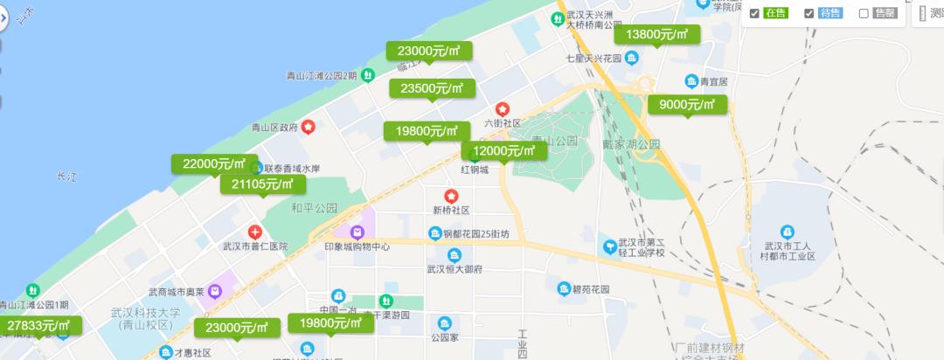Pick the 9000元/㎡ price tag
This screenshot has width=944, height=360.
tap(687, 105)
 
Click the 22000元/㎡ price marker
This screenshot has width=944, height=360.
tap(214, 163)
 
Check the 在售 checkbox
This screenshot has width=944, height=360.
tap(754, 13)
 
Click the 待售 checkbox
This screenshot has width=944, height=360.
tap(809, 13)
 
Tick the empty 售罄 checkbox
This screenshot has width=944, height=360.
tap(864, 13)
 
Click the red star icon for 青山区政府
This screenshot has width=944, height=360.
tap(309, 127)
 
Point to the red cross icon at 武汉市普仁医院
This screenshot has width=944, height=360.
tap(254, 232)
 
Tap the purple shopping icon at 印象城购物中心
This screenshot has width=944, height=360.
tap(357, 232)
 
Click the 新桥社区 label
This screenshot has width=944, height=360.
tap(451, 211)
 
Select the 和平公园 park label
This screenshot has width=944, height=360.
tap(314, 209)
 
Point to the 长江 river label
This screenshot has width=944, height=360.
tap(66, 177)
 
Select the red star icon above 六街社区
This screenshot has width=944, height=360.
tap(503, 109)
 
